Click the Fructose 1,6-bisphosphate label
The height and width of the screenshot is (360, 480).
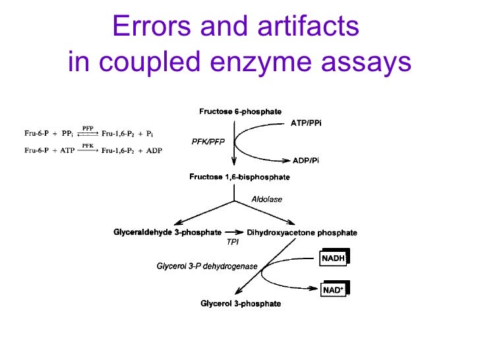pyautogui.click(x=239, y=177)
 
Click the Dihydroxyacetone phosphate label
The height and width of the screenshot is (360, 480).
pyautogui.click(x=302, y=233)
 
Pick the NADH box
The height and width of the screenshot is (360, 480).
pyautogui.click(x=334, y=258)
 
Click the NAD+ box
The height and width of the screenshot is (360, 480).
pyautogui.click(x=333, y=289)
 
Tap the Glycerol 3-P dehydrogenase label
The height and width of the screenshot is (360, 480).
pyautogui.click(x=206, y=266)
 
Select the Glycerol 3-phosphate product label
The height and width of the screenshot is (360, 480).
pyautogui.click(x=240, y=304)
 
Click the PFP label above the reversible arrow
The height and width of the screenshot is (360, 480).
pyautogui.click(x=88, y=128)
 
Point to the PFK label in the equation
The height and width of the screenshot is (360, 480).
pyautogui.click(x=88, y=145)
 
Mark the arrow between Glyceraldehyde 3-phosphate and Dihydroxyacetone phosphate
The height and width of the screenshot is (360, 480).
pyautogui.click(x=233, y=232)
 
